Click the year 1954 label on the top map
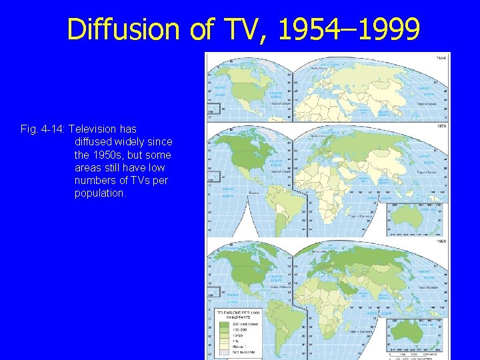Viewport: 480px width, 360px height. pos(441,58)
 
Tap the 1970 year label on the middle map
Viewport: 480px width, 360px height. pos(441,125)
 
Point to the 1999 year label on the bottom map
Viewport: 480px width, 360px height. pos(441,241)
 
